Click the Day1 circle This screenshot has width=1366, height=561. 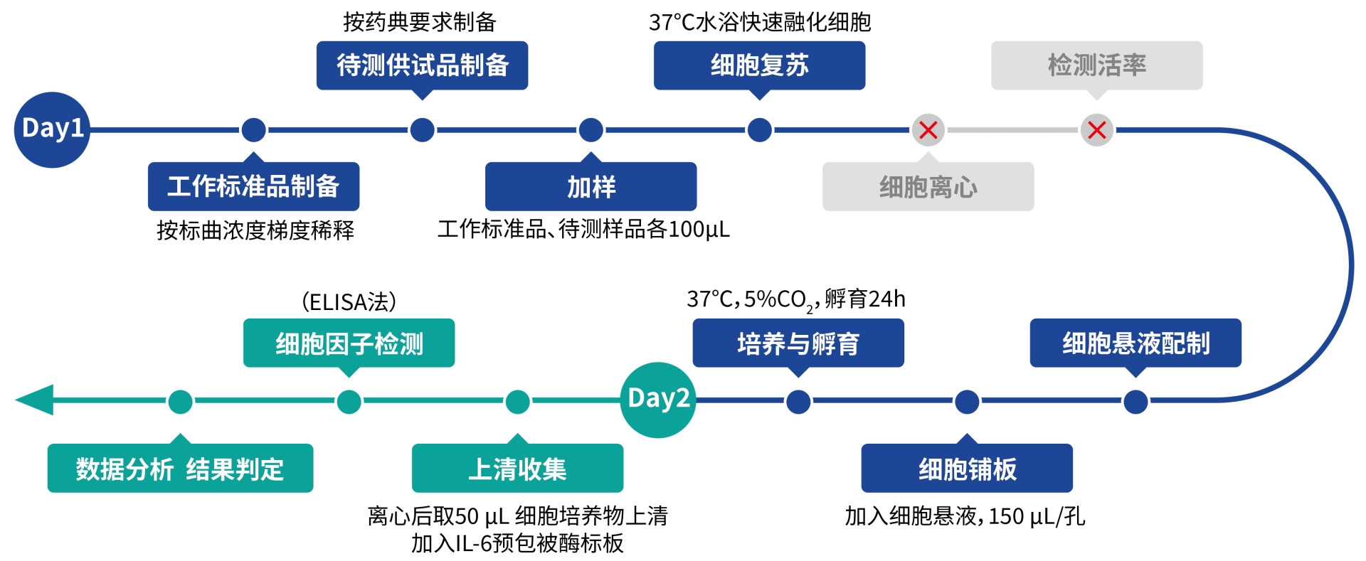52,129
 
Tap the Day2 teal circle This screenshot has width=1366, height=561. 658,400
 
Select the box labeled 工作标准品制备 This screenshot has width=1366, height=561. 253,186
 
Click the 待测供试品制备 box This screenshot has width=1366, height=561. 422,65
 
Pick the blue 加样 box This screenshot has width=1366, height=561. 591,186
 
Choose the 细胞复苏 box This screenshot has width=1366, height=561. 759,65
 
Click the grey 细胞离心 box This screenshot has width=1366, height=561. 928,186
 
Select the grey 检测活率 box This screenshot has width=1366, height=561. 1096,65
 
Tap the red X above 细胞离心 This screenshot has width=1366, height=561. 928,130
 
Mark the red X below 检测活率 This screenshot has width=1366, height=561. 1096,130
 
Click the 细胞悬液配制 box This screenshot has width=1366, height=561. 1135,343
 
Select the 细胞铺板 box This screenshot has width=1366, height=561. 967,468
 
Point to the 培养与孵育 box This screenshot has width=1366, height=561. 798,343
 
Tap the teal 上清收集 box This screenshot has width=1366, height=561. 517,468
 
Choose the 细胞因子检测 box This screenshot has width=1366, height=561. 349,343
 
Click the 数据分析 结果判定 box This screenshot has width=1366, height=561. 180,468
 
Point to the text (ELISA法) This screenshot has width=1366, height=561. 349,302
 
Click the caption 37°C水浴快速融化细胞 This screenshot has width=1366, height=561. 759,22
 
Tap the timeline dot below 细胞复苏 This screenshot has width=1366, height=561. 759,130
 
